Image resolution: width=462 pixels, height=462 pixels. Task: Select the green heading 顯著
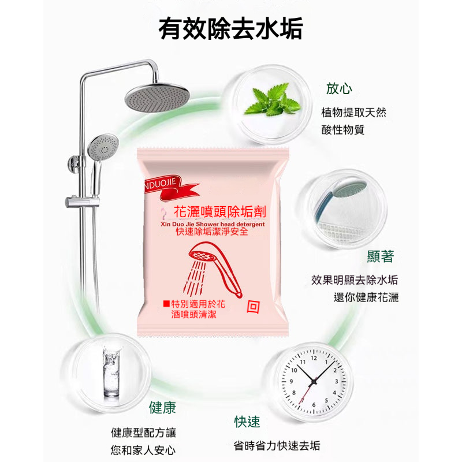point(380,256)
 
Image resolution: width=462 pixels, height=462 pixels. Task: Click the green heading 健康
point(162,408)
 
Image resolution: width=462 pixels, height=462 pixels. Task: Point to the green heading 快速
point(247,422)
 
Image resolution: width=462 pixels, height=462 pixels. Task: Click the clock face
point(314,381)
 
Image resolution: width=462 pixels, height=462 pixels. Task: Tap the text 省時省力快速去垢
point(277,446)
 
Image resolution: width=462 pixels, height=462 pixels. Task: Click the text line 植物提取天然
point(353,113)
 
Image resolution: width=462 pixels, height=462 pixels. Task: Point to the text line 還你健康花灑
point(366,297)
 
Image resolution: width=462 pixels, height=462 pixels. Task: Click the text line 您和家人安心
point(143,450)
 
